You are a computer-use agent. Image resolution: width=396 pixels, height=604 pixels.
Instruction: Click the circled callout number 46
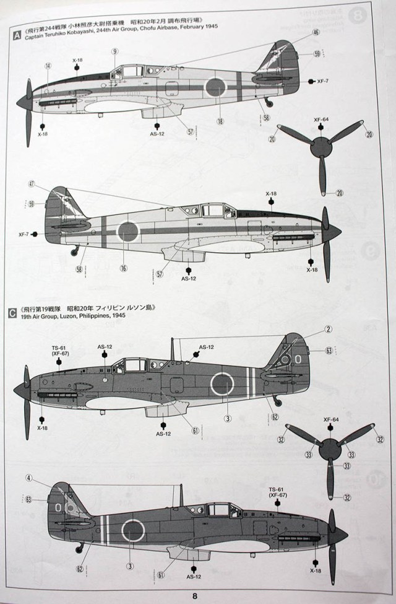[x=316, y=32]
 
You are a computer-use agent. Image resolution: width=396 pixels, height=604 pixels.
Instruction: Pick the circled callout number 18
[x=220, y=122]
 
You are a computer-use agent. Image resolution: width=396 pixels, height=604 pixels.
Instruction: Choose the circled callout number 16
[x=123, y=269]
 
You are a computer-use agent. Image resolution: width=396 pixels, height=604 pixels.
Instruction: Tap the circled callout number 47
[x=32, y=183]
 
